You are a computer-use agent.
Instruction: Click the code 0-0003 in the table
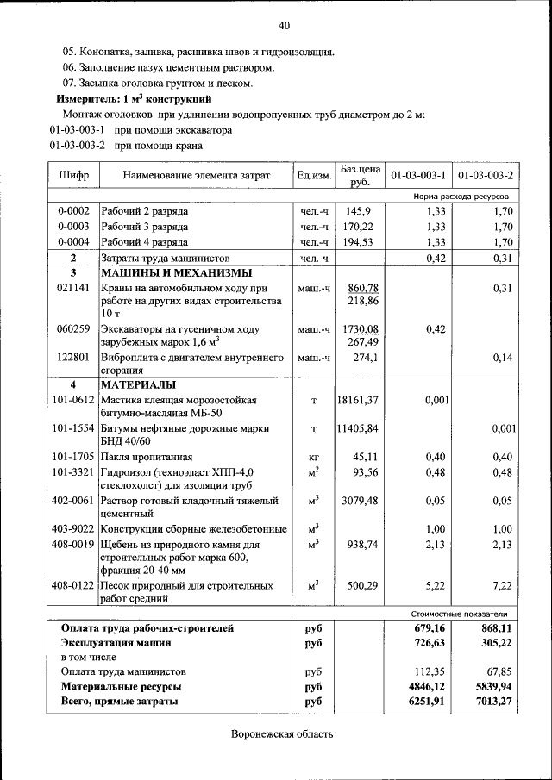73,227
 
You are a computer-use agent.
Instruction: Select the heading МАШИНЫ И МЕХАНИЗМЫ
164,272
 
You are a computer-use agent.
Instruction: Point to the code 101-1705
73,457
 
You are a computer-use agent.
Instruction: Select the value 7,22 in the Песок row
502,586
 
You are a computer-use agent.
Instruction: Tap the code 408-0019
73,544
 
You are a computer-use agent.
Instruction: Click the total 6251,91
428,702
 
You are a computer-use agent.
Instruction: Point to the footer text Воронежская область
282,734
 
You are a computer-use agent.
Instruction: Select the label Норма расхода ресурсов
461,197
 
